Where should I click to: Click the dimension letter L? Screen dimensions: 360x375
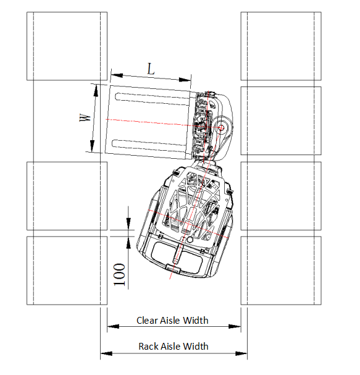click(151, 69)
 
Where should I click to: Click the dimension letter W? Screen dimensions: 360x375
click(85, 117)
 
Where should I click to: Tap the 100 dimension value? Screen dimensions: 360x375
click(120, 274)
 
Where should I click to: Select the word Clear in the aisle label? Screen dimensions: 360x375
click(147, 321)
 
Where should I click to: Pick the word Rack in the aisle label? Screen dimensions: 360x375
click(148, 347)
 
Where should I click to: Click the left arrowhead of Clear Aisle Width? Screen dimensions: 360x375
click(113, 326)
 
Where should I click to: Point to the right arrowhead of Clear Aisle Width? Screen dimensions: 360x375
click(235, 326)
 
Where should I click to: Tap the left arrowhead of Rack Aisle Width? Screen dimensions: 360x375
click(106, 353)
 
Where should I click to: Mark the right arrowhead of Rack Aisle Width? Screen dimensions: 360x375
click(241, 353)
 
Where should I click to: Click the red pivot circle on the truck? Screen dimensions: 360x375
click(221, 128)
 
